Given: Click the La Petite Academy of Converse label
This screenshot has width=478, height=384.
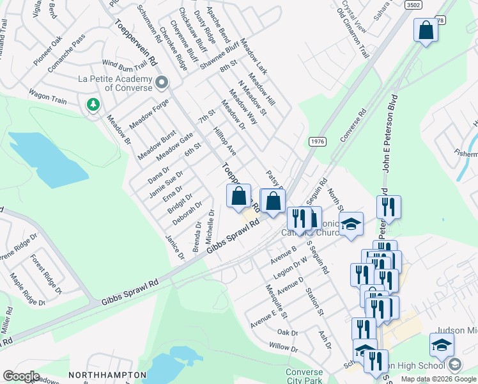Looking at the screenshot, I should (115, 83).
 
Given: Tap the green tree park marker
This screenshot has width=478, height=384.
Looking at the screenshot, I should (93, 104).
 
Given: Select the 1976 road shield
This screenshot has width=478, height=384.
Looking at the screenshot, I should (318, 141).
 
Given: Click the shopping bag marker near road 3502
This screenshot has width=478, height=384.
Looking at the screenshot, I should (425, 30).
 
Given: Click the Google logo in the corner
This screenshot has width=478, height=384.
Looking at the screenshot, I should (20, 376).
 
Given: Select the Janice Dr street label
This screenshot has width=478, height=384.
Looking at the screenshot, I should (174, 247).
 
